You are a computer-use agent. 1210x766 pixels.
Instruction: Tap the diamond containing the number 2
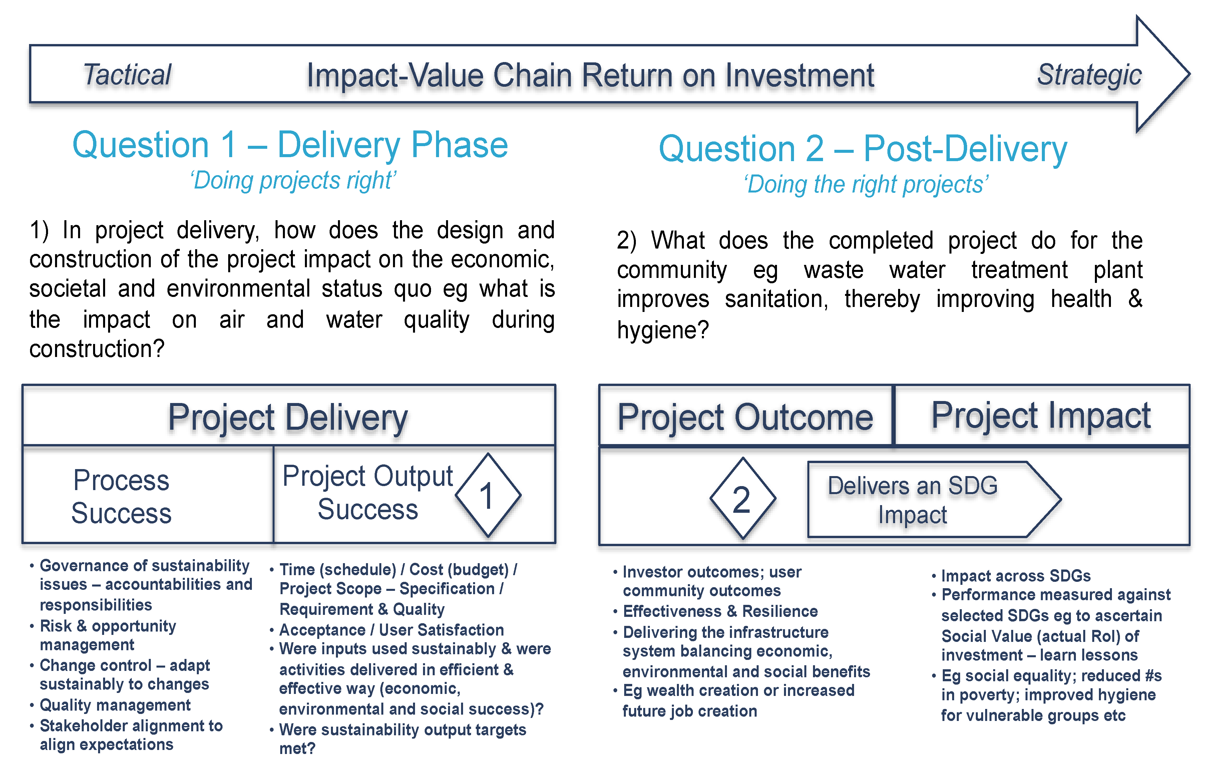742,499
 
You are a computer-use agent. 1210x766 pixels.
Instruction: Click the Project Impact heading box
1041,416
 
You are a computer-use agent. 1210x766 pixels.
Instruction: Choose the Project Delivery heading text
288,417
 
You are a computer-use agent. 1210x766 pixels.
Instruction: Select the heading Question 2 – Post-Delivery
863,149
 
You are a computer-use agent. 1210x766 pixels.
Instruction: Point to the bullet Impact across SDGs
1015,575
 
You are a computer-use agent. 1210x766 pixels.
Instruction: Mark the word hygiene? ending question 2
662,330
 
